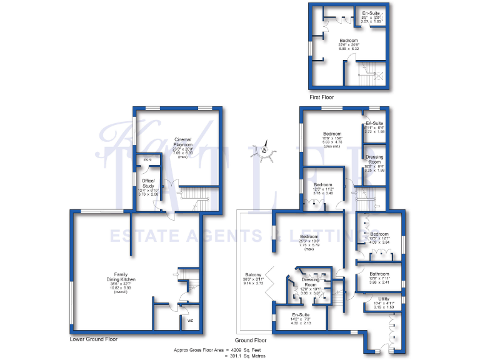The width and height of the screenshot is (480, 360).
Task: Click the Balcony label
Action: [253, 276]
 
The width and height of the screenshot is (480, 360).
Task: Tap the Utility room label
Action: [383, 299]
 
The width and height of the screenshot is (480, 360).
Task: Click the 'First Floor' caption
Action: [322, 97]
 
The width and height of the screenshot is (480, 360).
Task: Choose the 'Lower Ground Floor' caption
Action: [94, 339]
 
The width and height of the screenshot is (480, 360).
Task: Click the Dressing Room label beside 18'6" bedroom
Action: [374, 158]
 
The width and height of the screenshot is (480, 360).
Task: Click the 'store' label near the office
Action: [147, 160]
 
